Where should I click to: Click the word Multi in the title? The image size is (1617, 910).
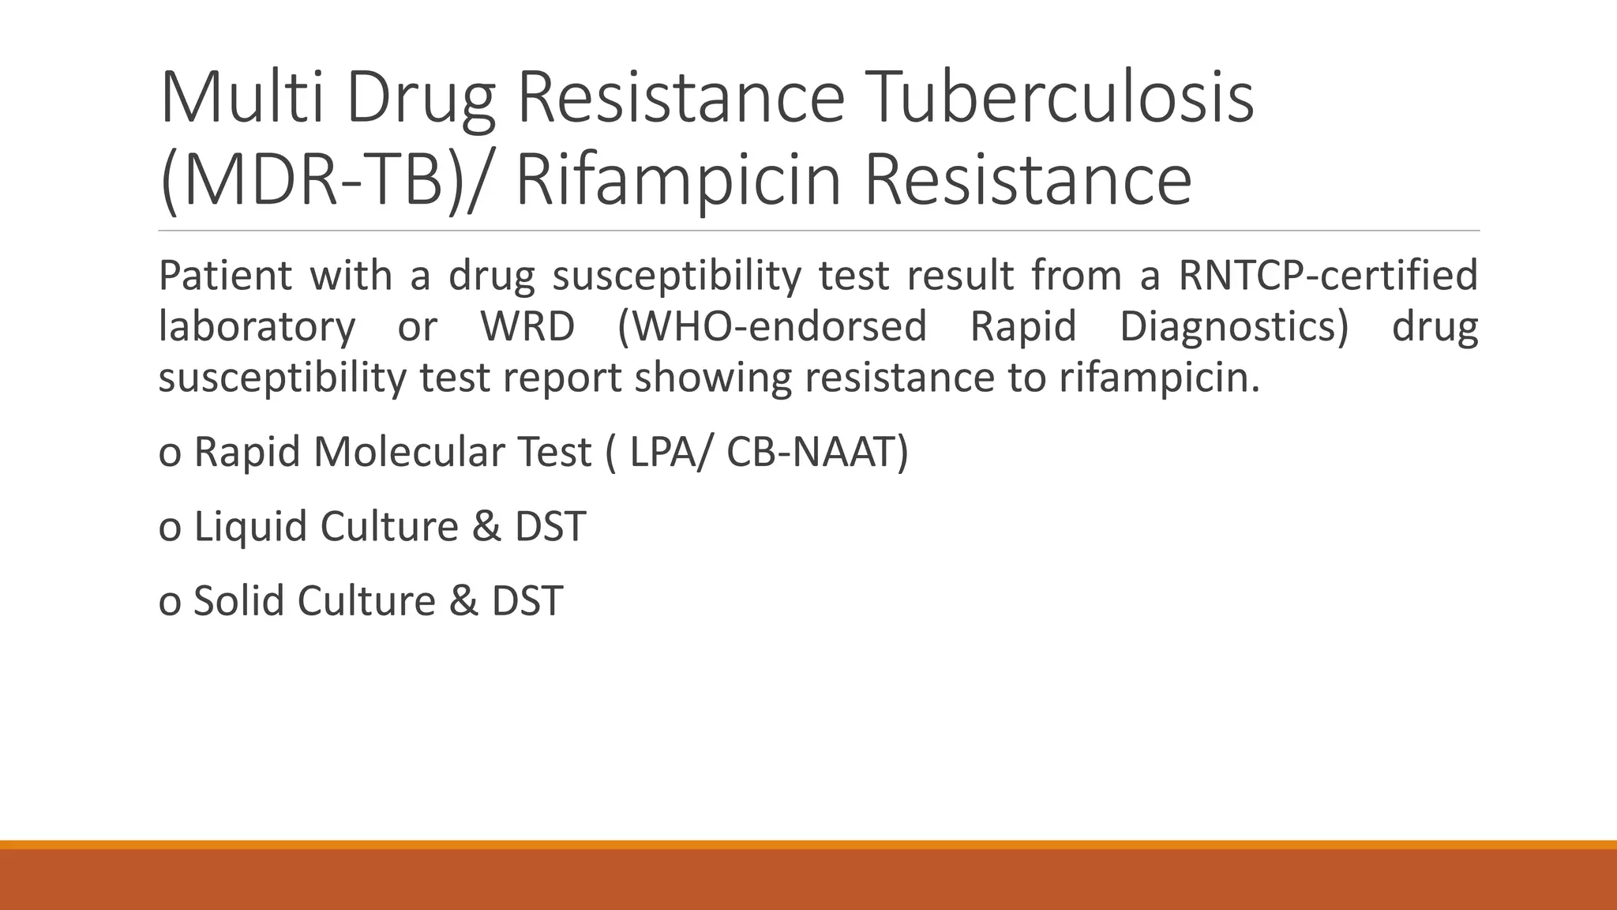(x=242, y=98)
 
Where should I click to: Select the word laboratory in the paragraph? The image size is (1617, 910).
(x=257, y=326)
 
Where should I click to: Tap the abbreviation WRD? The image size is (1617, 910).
(x=527, y=326)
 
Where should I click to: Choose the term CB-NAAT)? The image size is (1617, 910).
(x=817, y=453)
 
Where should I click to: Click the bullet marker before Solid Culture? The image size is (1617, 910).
(x=169, y=603)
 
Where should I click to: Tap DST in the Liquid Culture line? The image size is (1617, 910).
(x=550, y=527)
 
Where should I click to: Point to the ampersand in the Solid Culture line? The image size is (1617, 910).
(x=463, y=600)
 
